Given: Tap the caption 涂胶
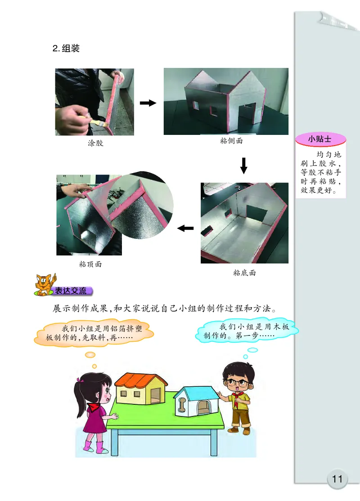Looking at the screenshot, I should coord(95,144).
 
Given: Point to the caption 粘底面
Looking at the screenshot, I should coord(244,273).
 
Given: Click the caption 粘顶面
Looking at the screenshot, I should coord(90,264).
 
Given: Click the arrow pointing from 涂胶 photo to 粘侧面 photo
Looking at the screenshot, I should coord(148,103).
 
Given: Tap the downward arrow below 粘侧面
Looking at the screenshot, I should coord(243,165).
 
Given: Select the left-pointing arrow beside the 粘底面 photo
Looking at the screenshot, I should coord(185,228).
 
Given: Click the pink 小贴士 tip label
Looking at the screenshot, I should coord(319,139).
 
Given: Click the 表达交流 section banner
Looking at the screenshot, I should coord(70,291).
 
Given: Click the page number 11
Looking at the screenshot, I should coord(337,479).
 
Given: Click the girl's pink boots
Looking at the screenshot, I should coord(94,447).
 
